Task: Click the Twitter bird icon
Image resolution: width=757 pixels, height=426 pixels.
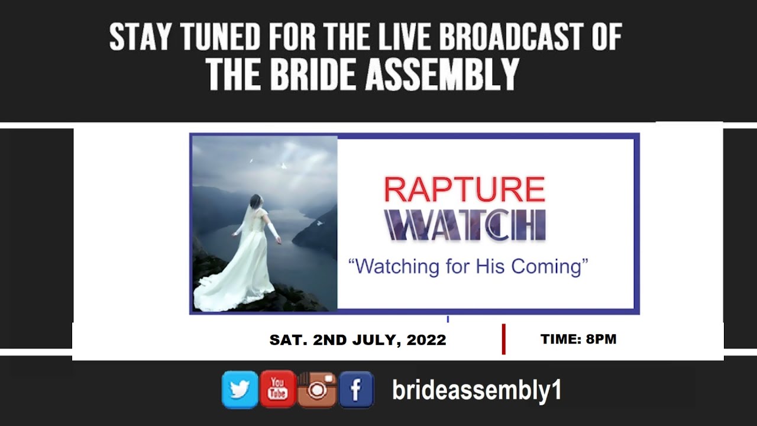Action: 240,390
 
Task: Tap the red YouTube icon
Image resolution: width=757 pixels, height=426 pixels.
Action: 277,389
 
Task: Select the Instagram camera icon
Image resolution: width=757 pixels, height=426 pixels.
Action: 317,390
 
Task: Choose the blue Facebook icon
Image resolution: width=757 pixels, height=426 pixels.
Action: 356,390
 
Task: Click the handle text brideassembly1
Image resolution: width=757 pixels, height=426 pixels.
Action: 477,390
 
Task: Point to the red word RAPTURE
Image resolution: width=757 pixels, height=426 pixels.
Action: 464,190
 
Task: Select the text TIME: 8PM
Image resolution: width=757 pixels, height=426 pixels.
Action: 578,339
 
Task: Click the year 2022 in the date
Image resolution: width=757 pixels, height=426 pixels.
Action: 426,340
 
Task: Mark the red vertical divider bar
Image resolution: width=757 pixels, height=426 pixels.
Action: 503,339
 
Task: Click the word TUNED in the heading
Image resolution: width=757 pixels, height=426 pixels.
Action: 220,38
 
